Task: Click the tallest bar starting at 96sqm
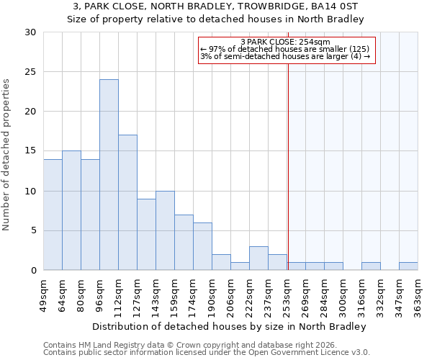[109, 175]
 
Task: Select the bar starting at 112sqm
[127, 202]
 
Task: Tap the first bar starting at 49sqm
[53, 215]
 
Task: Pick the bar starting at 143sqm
[165, 230]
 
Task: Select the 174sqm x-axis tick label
[193, 294]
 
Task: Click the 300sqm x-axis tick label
[343, 294]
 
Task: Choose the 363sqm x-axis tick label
[418, 294]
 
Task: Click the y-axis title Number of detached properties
[7, 151]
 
